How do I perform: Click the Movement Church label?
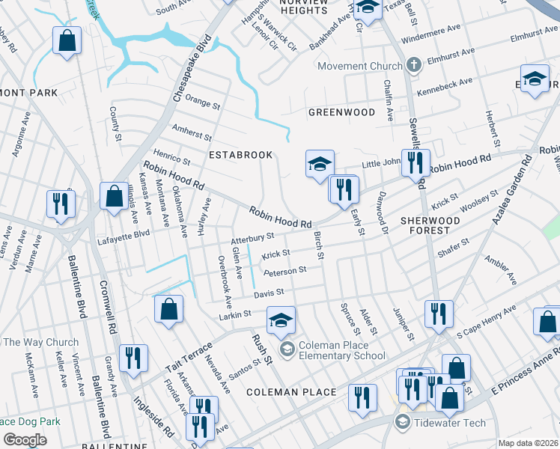pyautogui.click(x=360, y=66)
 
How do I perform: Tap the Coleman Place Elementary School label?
pyautogui.click(x=342, y=350)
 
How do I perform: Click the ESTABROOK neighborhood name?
pyautogui.click(x=240, y=154)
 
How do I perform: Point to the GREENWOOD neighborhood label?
pyautogui.click(x=341, y=112)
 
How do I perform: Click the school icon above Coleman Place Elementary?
pyautogui.click(x=281, y=321)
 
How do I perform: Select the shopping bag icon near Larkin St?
pyautogui.click(x=169, y=308)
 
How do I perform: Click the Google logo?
pyautogui.click(x=25, y=439)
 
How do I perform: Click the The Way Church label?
pyautogui.click(x=40, y=343)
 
